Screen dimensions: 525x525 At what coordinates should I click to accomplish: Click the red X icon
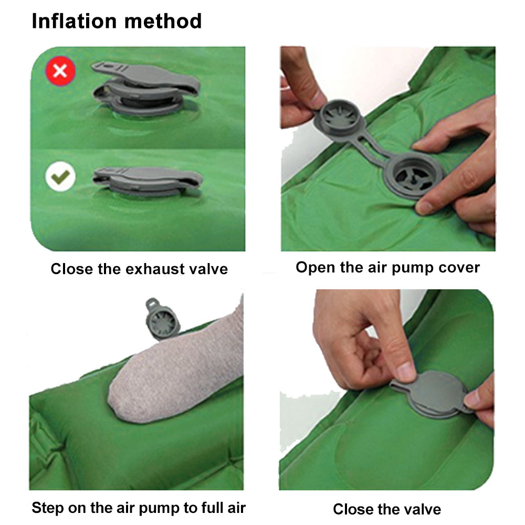click(x=60, y=70)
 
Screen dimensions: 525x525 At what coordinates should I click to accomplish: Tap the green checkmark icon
click(x=60, y=177)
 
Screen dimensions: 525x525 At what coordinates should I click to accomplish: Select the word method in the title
click(x=168, y=21)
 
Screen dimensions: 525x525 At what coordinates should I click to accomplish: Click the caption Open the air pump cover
click(x=387, y=267)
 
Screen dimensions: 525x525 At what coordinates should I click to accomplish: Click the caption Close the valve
click(x=387, y=509)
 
